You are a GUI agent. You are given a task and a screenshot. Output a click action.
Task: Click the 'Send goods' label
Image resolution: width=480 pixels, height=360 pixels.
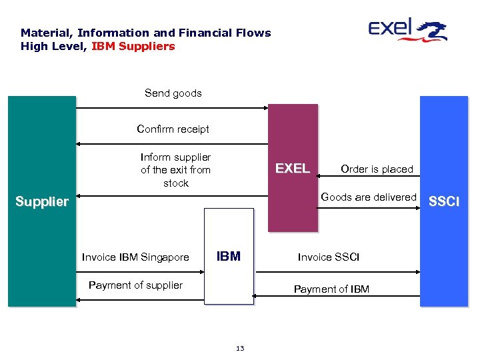(173, 93)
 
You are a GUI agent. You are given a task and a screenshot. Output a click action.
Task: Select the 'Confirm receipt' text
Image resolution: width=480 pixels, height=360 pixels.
(173, 129)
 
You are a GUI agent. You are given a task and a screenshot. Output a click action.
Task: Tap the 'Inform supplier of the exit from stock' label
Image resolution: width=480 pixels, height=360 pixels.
(175, 170)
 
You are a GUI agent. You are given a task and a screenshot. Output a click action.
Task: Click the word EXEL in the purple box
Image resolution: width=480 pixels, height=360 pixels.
(293, 169)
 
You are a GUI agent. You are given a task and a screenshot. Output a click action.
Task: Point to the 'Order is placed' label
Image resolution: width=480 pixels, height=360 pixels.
(377, 169)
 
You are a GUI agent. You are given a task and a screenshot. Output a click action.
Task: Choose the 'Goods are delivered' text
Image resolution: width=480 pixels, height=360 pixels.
(368, 197)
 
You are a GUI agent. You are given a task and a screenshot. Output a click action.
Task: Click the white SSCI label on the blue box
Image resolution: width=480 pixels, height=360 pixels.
(443, 201)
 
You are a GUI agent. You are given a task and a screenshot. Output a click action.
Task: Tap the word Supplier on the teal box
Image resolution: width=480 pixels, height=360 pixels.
(42, 201)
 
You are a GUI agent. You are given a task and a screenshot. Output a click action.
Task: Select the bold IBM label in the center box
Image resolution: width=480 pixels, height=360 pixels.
(229, 257)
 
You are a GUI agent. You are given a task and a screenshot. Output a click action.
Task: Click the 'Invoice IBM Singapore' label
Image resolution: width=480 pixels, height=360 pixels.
(135, 257)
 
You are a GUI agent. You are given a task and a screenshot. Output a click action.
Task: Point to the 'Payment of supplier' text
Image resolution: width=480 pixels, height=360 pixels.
(135, 285)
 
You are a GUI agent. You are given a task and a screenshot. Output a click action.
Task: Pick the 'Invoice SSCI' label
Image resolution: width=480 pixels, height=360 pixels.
(328, 257)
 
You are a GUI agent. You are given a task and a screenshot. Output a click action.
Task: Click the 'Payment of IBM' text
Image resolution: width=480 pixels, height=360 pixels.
(331, 289)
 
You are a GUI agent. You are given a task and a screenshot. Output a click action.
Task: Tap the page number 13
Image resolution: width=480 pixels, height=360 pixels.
(240, 348)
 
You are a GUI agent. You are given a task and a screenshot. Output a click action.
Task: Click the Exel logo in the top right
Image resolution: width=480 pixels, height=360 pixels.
(407, 30)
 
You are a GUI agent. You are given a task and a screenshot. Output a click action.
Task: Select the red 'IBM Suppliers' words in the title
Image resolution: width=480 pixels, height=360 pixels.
(133, 47)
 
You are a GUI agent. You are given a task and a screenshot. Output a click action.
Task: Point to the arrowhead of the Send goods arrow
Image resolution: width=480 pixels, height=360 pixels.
(266, 107)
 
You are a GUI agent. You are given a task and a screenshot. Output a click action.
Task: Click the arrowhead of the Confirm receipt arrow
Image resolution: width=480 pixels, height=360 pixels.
(79, 143)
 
